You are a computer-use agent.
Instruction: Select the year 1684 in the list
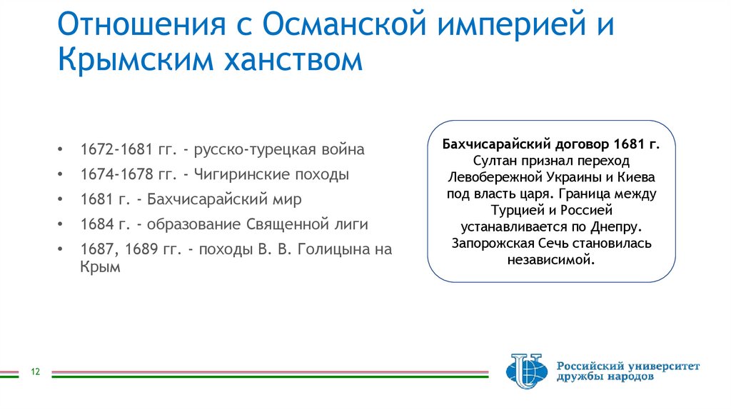pos(96,225)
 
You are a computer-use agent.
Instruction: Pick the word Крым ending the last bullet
pos(100,267)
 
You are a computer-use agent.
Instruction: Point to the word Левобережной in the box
pos(492,178)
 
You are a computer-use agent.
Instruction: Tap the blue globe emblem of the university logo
pos(527,371)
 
